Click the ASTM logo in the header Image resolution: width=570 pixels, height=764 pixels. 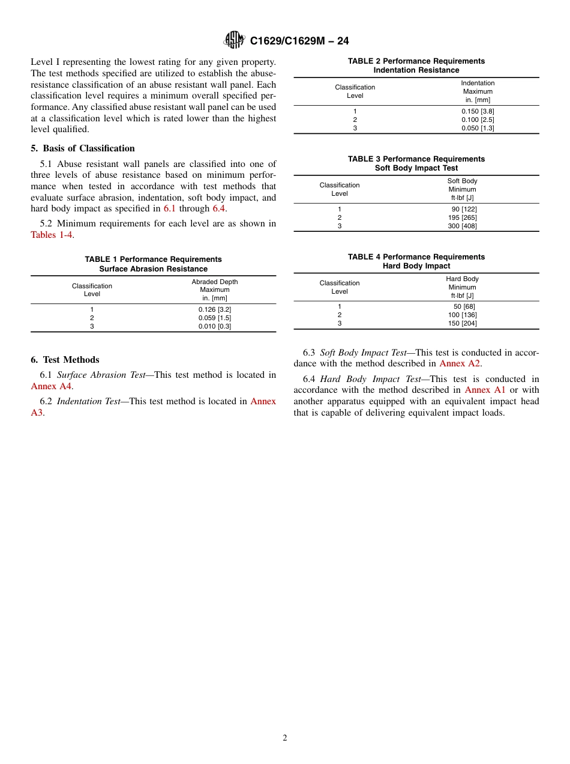(x=234, y=40)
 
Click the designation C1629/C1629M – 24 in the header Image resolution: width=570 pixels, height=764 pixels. (x=299, y=41)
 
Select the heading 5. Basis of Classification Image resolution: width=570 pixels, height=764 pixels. (x=83, y=148)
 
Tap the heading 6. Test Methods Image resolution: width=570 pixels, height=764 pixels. (x=65, y=360)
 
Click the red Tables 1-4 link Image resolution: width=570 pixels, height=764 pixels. (x=52, y=235)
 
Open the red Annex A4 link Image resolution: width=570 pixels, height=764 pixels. (x=51, y=386)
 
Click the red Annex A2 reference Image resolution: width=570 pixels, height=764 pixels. (x=460, y=363)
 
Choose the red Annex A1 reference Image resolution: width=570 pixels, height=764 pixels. (x=485, y=390)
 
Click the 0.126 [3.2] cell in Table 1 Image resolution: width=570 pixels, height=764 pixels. (x=215, y=309)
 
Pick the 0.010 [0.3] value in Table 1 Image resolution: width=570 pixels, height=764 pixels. (x=215, y=326)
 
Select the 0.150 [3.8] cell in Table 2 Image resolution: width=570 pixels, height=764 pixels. (x=478, y=111)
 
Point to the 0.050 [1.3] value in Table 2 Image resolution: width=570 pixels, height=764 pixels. (x=478, y=128)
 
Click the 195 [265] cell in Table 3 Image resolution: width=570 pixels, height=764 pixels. (x=463, y=217)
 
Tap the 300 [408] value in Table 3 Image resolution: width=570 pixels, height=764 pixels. (x=463, y=226)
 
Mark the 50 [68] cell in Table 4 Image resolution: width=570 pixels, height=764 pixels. (x=464, y=306)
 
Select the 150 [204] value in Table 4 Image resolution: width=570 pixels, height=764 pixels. (x=463, y=323)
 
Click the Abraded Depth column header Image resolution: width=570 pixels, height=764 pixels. (x=215, y=282)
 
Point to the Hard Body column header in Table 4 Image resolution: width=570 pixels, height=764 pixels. (x=462, y=279)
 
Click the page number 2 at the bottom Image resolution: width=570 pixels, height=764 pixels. (x=285, y=738)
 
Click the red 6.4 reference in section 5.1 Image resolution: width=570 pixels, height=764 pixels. (x=219, y=208)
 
